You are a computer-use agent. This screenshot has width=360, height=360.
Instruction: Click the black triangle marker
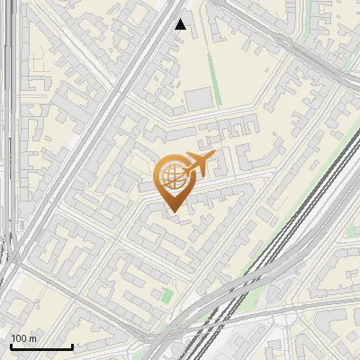[x=181, y=24]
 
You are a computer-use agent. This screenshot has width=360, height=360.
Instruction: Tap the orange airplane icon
[x=198, y=164]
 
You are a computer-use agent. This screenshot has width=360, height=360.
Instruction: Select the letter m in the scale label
[x=33, y=338]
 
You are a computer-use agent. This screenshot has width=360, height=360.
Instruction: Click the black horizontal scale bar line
[x=40, y=346]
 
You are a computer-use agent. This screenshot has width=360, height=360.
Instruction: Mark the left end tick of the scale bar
[x=10, y=345]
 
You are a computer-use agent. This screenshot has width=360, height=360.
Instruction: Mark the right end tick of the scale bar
[x=72, y=345]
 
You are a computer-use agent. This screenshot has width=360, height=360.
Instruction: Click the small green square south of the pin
[x=166, y=295]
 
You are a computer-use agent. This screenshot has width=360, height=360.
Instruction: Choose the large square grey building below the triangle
[x=199, y=99]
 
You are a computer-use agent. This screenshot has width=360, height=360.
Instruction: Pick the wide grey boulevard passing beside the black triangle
[x=144, y=72]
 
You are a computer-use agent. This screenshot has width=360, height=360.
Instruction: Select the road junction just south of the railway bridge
[x=270, y=315]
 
